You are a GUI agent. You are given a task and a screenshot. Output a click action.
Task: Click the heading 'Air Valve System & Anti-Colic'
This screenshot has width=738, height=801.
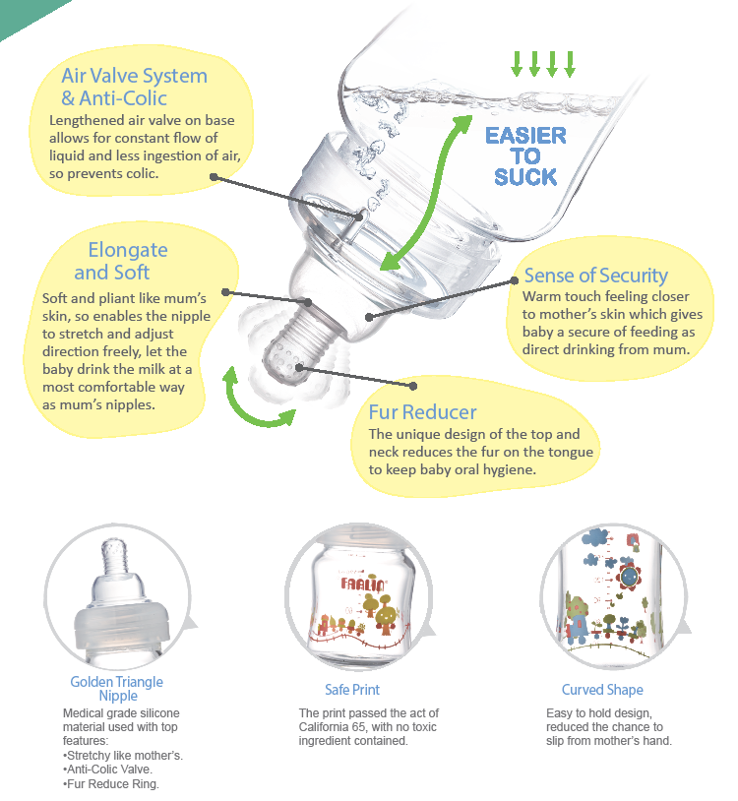[135, 87]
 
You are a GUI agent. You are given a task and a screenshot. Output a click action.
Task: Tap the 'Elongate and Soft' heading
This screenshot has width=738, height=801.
[120, 261]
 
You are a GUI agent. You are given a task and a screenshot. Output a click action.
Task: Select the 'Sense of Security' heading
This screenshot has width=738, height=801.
[596, 276]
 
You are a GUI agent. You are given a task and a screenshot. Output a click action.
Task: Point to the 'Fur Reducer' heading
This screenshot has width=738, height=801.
[422, 412]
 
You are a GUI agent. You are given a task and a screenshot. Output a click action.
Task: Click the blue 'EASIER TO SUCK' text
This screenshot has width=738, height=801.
[525, 156]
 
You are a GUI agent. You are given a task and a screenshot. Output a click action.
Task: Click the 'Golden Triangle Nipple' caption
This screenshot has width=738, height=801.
[117, 689]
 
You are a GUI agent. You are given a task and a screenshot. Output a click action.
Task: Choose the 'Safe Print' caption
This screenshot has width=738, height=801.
[352, 690]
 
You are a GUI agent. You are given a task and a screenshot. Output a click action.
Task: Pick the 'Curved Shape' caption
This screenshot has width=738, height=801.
[602, 690]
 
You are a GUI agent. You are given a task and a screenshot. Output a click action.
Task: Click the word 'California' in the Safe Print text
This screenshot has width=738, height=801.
[322, 727]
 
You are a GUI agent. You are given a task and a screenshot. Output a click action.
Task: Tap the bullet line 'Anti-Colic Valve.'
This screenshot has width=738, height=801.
[108, 770]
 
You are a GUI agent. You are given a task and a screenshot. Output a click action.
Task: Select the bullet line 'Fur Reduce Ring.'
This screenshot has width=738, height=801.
[111, 783]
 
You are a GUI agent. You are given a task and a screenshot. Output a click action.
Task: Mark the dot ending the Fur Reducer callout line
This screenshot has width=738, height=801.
[413, 386]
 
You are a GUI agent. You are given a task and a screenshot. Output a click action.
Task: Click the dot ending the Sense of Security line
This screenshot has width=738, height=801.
[515, 281]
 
